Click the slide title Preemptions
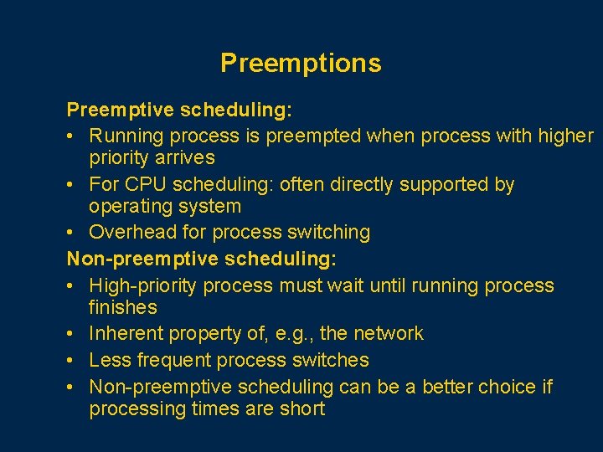(x=301, y=64)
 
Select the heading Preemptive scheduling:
(x=179, y=110)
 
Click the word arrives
(x=188, y=157)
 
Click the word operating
(x=128, y=206)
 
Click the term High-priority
(x=143, y=285)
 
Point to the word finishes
(x=123, y=307)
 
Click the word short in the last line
(x=302, y=408)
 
